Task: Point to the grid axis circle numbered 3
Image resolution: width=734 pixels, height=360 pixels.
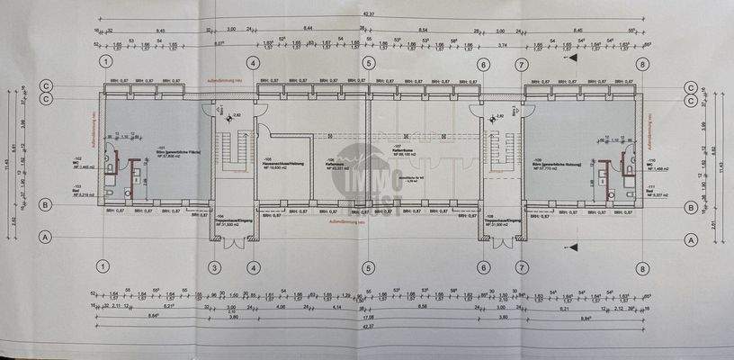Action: click(215, 267)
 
